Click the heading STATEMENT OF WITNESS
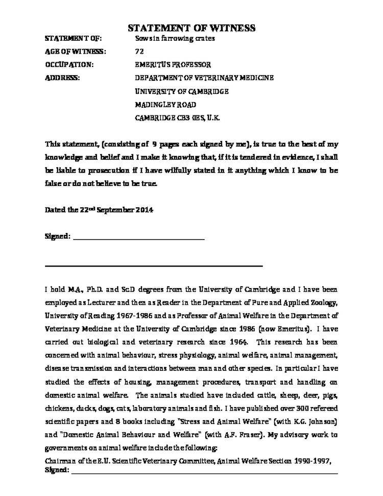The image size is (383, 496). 191,28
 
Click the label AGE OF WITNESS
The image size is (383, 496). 76,52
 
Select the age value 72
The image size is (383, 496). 139,52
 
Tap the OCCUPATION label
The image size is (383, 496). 69,65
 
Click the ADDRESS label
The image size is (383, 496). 62,78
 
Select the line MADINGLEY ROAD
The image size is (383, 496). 165,104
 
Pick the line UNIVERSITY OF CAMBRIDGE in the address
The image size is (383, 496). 181,91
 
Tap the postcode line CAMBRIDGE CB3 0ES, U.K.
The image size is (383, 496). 177,117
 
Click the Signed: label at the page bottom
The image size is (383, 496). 57,469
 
